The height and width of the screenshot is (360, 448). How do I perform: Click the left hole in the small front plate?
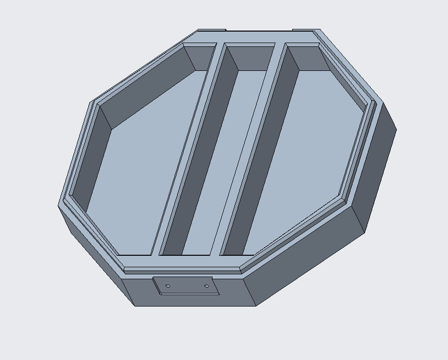[x=168, y=286]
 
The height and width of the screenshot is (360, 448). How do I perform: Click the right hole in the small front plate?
[x=207, y=286]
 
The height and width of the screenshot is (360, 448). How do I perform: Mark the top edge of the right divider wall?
[x=252, y=147]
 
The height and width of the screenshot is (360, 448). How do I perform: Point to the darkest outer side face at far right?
[x=376, y=164]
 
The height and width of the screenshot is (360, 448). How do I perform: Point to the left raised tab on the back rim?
[x=211, y=30]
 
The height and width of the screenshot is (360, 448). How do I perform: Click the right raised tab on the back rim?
[x=305, y=30]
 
